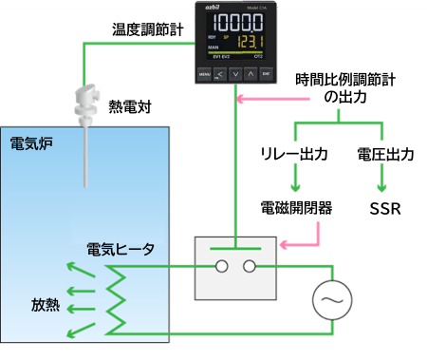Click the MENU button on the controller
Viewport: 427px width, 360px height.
coord(205,73)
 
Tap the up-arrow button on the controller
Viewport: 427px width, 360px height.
coord(251,73)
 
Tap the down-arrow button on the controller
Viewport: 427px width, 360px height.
coord(235,73)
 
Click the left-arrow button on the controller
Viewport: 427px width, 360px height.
coord(220,73)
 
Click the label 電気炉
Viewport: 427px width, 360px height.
coord(30,143)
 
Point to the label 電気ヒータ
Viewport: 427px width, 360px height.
coord(121,249)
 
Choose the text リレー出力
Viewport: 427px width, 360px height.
coord(294,153)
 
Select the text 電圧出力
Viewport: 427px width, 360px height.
coord(384,153)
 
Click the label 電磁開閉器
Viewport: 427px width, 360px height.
coord(296,207)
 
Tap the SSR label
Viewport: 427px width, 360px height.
coord(384,207)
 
